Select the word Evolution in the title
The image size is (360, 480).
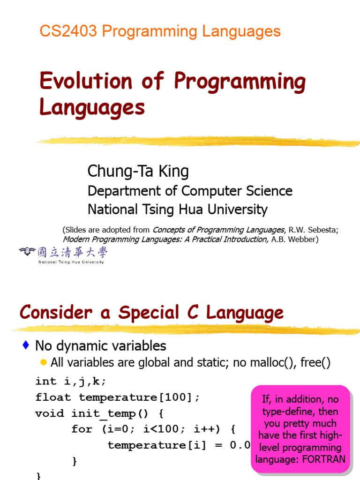(85, 82)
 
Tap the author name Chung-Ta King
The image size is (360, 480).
(138, 171)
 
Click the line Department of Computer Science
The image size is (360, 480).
(190, 191)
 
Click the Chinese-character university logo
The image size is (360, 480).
(63, 254)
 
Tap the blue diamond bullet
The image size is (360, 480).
(26, 346)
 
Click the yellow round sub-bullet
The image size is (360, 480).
(44, 362)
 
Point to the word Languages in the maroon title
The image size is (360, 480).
(92, 107)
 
